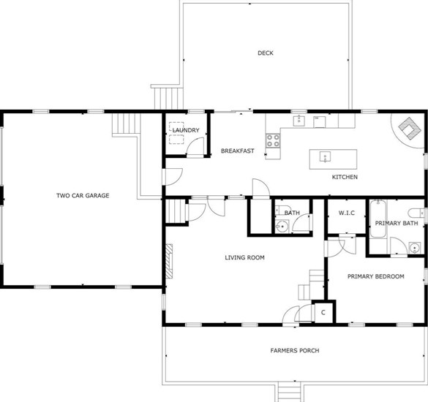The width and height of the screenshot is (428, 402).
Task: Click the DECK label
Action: [266, 53]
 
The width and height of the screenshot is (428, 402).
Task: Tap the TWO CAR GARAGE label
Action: [83, 196]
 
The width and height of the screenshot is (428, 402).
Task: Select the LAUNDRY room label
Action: [186, 130]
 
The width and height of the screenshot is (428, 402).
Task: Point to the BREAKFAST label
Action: [238, 151]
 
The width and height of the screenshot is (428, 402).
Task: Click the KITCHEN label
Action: [345, 177]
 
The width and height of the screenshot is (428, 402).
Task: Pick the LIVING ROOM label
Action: [244, 257]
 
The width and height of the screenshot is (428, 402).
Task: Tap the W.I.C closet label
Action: [347, 213]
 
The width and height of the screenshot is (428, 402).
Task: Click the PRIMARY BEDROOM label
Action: [375, 276]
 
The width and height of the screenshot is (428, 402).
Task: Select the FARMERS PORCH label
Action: [295, 350]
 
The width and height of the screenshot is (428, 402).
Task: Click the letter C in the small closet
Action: [323, 313]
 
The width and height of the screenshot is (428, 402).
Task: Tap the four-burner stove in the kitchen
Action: [273, 141]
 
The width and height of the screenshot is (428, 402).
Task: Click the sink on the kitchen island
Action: [325, 157]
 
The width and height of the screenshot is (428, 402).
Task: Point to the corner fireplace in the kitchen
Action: [409, 128]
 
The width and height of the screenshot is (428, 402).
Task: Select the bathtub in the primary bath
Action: [378, 219]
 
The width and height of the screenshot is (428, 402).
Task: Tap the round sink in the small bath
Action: [282, 227]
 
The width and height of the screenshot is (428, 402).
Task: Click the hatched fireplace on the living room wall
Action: [169, 261]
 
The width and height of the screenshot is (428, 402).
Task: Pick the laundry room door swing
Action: [195, 147]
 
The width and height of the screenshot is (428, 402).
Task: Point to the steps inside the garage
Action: [126, 124]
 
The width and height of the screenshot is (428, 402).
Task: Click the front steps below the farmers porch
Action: [289, 392]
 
